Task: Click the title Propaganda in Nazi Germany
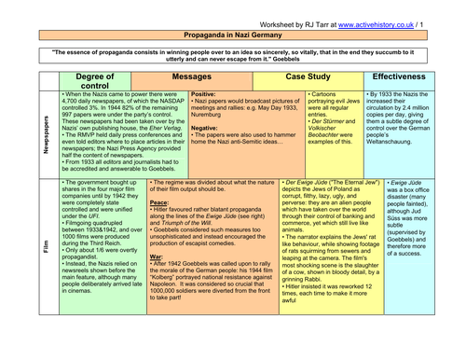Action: [234, 32]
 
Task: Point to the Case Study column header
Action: [311, 71]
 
